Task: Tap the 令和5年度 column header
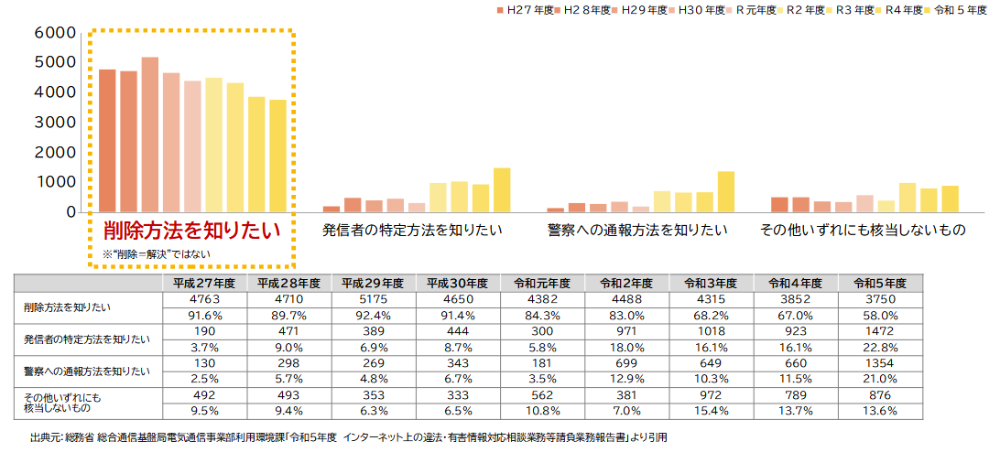[883, 283]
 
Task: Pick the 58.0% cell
[883, 316]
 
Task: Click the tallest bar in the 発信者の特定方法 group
[501, 189]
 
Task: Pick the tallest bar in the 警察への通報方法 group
[726, 191]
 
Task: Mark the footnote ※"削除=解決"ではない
[156, 253]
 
